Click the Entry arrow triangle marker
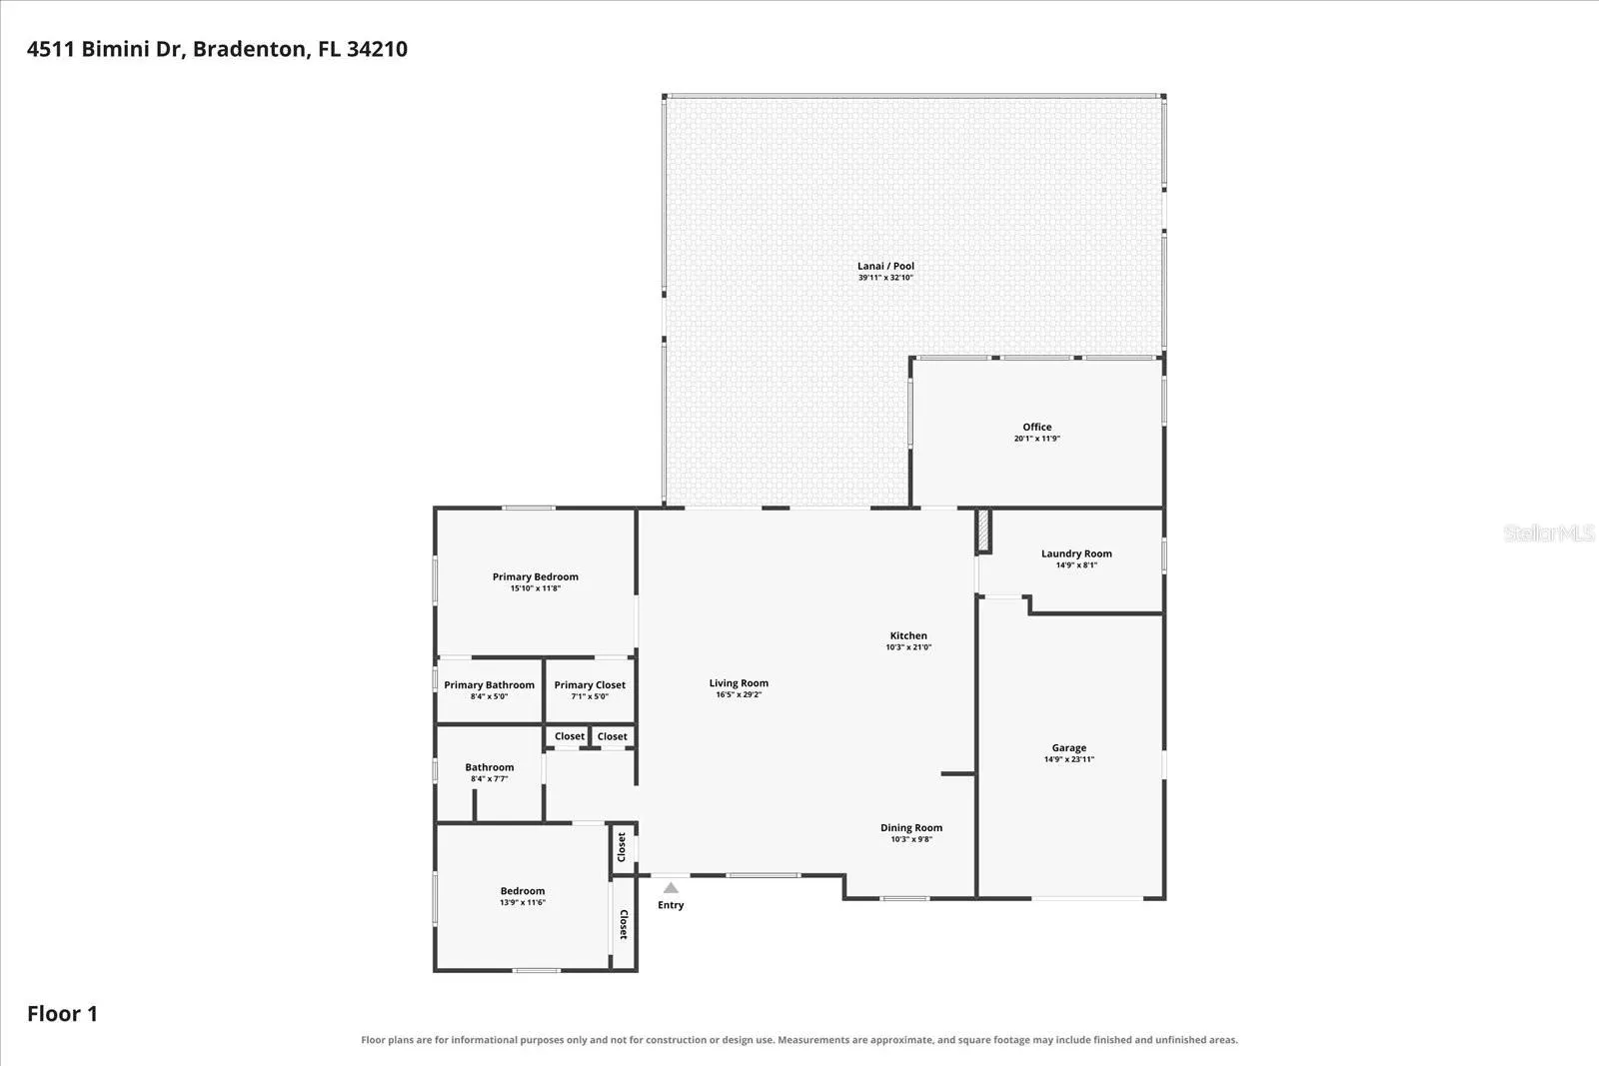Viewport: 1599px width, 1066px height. [x=671, y=887]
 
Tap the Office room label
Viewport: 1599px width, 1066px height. [x=1037, y=427]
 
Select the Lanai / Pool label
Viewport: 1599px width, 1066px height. [x=885, y=266]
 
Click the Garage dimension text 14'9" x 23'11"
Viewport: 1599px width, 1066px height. [x=1069, y=759]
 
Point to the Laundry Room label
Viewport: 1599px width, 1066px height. [x=1076, y=553]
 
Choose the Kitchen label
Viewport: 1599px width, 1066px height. [x=908, y=635]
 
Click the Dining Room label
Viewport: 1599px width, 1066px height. [x=911, y=827]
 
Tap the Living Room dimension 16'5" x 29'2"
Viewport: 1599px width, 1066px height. [x=739, y=694]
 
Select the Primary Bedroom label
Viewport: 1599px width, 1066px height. [x=536, y=576]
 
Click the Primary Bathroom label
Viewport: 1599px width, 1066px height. [x=489, y=685]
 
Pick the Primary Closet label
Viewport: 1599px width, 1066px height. [x=590, y=685]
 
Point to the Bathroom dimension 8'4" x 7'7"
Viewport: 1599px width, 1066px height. [x=490, y=778]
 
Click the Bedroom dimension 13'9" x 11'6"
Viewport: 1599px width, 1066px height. [x=523, y=902]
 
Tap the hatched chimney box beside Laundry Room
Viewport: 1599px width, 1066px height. [x=983, y=531]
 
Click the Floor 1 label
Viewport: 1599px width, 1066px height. [x=62, y=1013]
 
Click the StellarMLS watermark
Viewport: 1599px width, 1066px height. [x=1549, y=533]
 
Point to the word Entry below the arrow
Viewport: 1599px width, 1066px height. [x=671, y=905]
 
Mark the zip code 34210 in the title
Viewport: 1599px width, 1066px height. [x=377, y=49]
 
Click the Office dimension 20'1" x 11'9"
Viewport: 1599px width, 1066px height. [x=1037, y=439]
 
